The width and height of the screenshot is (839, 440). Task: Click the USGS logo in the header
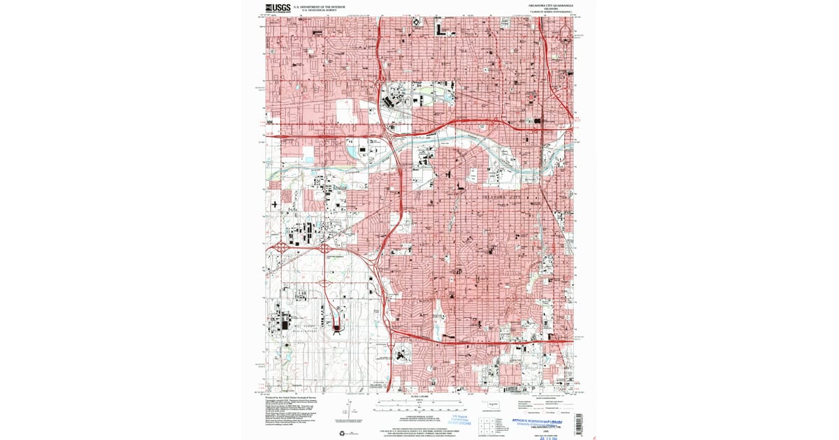278,8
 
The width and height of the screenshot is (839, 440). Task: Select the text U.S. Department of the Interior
323,6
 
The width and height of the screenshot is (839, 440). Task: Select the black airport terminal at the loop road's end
338,325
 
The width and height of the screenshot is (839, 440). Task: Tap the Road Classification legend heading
545,397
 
